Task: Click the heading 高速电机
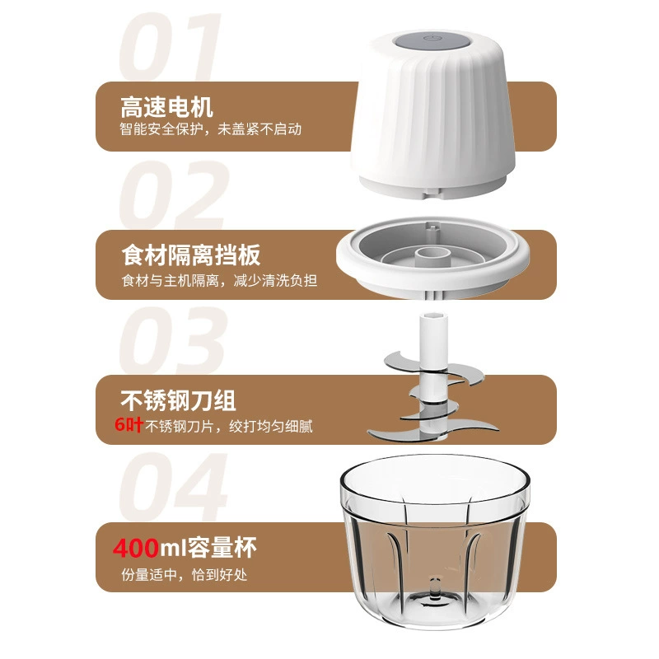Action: click(167, 107)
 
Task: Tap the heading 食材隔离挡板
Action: click(191, 255)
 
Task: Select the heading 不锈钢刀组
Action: click(178, 400)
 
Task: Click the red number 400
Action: click(136, 548)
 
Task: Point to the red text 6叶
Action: click(129, 424)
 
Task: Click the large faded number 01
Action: click(171, 47)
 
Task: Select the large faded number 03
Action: click(173, 340)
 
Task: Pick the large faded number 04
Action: click(173, 487)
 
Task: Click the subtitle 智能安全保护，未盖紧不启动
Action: click(211, 129)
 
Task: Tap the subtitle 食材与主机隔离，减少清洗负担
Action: click(219, 280)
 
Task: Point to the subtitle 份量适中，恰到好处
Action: click(184, 574)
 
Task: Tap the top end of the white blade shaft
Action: click(433, 315)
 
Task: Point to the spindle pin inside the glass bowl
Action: click(435, 587)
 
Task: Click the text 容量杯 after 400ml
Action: click(222, 548)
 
